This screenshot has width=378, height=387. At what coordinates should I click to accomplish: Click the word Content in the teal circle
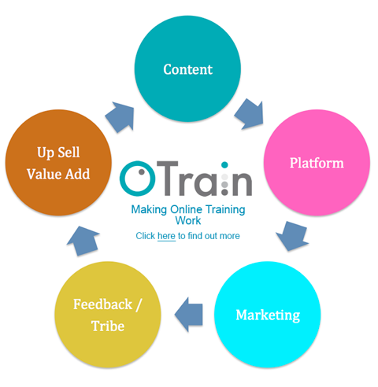click(187, 69)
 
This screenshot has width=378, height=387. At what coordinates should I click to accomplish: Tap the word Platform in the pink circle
click(317, 163)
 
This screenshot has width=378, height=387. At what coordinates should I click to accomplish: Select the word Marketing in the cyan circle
click(268, 315)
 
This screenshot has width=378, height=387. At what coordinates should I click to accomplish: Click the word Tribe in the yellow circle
click(108, 326)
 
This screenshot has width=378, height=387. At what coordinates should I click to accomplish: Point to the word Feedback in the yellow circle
click(102, 304)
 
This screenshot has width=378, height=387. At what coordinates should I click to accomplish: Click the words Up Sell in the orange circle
click(58, 153)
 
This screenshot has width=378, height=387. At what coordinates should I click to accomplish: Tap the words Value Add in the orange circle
click(58, 174)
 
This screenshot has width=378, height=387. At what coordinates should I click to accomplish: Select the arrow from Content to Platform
click(250, 114)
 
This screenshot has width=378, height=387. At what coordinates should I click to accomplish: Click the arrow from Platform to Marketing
click(292, 236)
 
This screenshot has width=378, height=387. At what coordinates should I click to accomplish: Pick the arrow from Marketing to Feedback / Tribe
click(189, 315)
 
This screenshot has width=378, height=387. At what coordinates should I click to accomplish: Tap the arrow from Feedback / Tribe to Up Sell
click(83, 241)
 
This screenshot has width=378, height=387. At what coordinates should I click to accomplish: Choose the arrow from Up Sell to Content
click(120, 117)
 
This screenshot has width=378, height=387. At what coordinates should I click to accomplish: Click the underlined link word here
click(166, 236)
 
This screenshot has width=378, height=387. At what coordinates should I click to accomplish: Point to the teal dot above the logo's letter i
click(224, 165)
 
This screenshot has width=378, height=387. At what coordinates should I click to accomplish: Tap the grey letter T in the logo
click(168, 179)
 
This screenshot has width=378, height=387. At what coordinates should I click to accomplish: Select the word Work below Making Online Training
click(188, 220)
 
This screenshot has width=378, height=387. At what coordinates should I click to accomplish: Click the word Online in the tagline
click(186, 209)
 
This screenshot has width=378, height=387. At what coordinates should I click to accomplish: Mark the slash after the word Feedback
click(139, 304)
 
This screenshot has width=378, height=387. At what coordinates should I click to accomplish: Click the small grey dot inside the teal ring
click(142, 172)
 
